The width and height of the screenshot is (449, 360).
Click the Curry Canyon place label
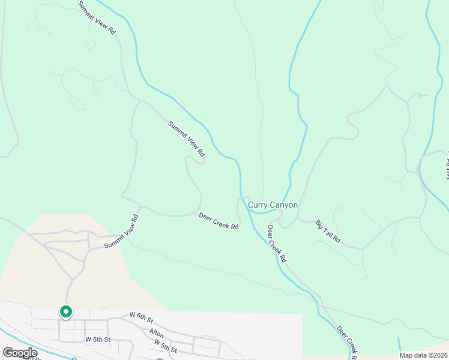pos(273,205)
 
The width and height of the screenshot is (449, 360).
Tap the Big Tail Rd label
pos(328,232)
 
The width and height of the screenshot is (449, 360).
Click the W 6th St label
pos(142,315)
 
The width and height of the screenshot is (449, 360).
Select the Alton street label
pos(157,332)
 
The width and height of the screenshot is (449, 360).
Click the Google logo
pos(20,353)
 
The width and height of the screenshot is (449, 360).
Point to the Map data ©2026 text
pos(423,355)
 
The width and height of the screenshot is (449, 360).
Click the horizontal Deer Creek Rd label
pos(219,221)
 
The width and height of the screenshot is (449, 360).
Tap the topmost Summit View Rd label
pos(96,17)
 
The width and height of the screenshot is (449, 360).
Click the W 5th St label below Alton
pos(165,346)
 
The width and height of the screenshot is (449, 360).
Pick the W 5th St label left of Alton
pos(98,339)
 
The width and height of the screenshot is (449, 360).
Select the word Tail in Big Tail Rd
pos(328,232)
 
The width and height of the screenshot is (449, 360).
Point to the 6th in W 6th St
pos(142,315)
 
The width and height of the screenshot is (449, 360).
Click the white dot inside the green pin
pos(65,311)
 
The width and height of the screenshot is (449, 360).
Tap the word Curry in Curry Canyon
pos(258,205)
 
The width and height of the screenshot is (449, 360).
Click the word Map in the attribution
pos(406,355)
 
